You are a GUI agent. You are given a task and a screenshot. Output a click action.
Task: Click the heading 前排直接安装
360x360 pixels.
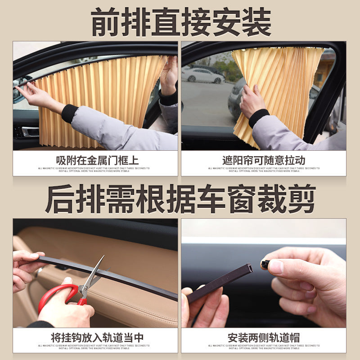tap(180, 21)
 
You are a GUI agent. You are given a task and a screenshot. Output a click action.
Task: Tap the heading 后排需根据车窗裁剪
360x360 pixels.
tap(180, 198)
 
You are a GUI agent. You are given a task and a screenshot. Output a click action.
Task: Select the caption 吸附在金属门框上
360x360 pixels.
tap(95, 160)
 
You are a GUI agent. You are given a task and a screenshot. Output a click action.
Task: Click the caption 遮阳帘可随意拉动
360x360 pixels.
tap(264, 160)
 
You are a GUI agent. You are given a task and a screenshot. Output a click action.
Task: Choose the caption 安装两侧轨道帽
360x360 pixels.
tap(264, 337)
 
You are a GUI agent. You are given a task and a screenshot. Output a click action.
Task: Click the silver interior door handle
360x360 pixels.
tap(30, 132)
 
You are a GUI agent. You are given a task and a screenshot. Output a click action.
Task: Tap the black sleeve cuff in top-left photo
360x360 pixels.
tap(70, 113)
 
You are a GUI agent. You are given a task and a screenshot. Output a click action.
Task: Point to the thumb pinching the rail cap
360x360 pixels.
tap(275, 266)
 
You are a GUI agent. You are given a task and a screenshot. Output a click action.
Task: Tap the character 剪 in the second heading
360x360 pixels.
tap(300, 198)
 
